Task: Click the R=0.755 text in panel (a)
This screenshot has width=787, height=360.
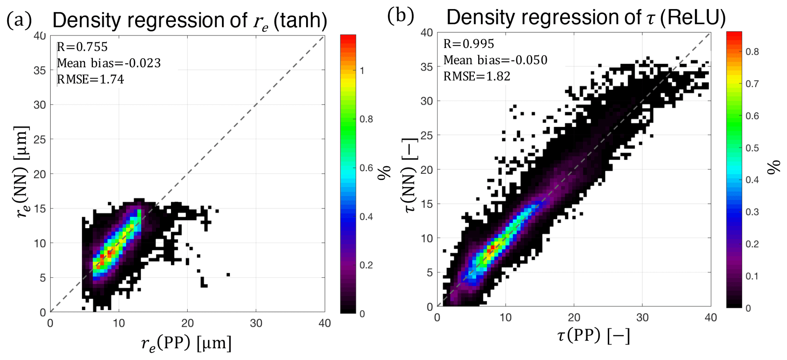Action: tap(82, 47)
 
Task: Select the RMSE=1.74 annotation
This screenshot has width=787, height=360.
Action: tap(90, 79)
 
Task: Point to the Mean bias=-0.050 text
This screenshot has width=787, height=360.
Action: tap(495, 60)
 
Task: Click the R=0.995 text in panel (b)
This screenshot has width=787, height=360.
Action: tap(469, 44)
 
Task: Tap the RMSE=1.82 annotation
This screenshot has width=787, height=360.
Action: tap(477, 76)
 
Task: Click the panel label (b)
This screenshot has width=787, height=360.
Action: tap(400, 16)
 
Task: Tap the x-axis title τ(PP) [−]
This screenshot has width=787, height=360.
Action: tap(594, 336)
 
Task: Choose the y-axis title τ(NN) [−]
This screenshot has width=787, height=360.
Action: tap(410, 175)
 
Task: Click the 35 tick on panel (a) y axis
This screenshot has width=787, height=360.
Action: tap(40, 70)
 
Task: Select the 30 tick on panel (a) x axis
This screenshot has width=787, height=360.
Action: tap(256, 323)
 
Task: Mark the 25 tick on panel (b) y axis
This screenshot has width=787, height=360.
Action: tap(427, 136)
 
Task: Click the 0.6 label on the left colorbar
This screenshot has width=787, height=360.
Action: tap(366, 168)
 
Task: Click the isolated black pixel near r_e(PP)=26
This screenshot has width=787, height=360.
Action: tap(228, 274)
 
